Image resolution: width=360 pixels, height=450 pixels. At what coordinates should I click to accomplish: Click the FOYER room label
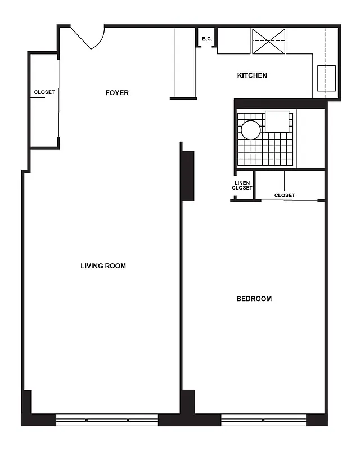[117, 93]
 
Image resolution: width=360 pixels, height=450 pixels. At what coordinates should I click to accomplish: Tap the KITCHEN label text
[252, 75]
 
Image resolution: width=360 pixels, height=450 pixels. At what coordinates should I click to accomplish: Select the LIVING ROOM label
[103, 266]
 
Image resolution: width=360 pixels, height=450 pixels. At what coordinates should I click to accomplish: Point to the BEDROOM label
[254, 299]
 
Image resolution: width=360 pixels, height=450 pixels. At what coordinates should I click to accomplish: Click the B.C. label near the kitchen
[206, 39]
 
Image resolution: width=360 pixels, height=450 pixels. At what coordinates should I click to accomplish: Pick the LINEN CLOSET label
[242, 186]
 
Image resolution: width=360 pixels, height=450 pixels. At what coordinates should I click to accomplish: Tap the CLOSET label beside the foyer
[44, 92]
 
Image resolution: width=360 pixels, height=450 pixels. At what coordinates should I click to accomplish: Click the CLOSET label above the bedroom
[285, 196]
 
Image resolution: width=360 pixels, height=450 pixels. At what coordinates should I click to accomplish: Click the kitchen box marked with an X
[269, 41]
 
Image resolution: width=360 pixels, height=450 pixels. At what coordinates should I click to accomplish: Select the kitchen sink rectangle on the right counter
[326, 78]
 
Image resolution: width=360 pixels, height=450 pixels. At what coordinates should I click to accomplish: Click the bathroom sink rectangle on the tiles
[277, 121]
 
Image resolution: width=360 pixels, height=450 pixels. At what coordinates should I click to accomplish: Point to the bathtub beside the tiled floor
[310, 138]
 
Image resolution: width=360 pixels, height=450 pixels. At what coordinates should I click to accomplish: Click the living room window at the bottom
[107, 420]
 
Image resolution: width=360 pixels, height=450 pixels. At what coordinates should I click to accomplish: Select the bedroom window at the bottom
[263, 420]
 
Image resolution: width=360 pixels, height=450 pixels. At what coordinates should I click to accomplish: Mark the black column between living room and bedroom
[187, 175]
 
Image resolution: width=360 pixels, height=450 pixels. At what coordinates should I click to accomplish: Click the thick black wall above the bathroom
[280, 103]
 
